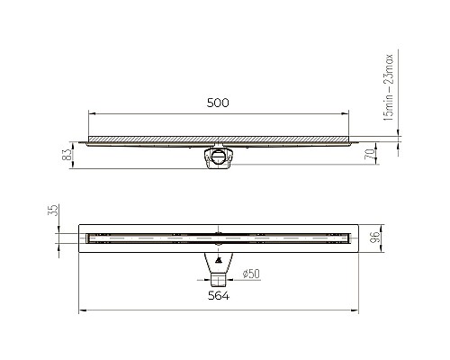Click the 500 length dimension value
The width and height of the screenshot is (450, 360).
point(218,103)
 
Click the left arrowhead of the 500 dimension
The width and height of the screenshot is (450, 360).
point(90,114)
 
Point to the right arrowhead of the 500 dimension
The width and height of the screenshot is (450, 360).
point(348,114)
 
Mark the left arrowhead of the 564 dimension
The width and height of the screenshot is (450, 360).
point(81,311)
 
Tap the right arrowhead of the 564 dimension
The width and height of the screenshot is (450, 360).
point(359,311)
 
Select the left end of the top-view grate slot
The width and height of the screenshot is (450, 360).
point(86,238)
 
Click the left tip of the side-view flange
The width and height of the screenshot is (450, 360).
point(80,141)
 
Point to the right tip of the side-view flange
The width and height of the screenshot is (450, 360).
point(359,141)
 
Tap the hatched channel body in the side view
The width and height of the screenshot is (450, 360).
point(153,140)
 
